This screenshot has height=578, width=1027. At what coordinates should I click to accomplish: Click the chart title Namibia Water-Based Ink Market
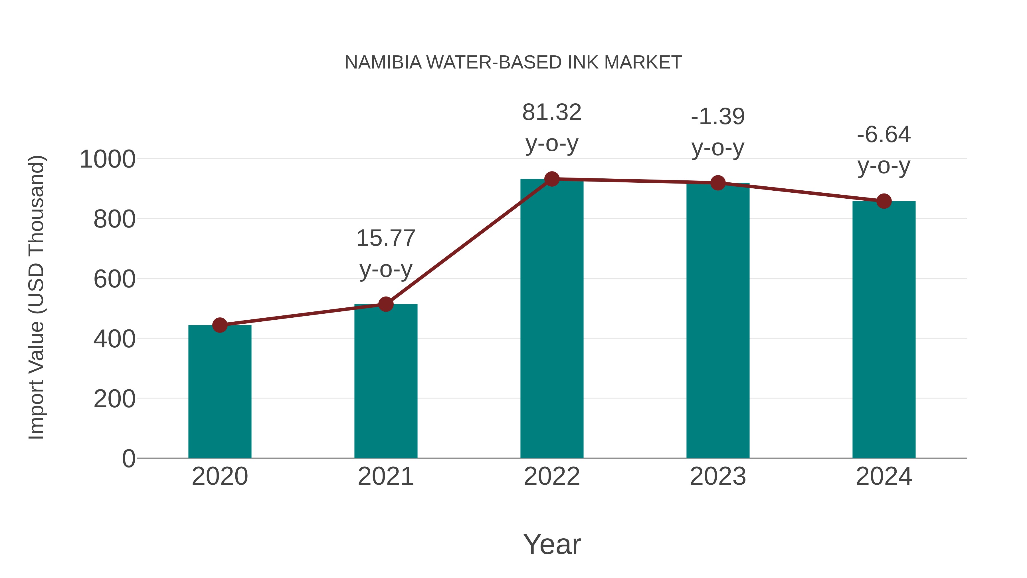[513, 63]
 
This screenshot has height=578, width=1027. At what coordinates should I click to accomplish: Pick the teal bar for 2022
[552, 319]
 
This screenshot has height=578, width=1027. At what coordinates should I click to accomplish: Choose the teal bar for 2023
[718, 321]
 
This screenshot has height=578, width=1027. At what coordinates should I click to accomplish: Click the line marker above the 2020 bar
[220, 325]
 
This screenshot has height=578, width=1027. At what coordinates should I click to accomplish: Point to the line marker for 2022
[552, 179]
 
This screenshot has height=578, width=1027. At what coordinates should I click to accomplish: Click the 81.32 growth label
[552, 113]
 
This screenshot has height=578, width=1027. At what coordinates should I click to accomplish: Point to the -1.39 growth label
[718, 117]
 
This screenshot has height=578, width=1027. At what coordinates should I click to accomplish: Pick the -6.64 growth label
[884, 135]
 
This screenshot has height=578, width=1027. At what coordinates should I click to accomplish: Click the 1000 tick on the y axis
[107, 160]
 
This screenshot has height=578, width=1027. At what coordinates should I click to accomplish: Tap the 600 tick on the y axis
[114, 279]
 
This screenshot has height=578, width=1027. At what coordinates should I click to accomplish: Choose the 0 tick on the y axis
[128, 458]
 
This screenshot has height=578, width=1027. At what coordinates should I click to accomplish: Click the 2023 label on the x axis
[718, 476]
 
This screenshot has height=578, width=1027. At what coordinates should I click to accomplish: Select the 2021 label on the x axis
[385, 476]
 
